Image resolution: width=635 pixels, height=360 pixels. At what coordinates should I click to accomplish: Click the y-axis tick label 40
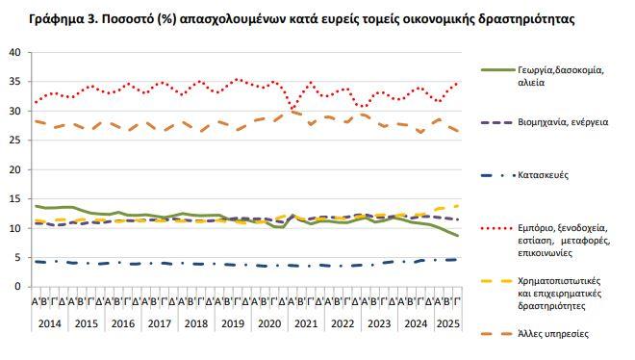coord(14,53)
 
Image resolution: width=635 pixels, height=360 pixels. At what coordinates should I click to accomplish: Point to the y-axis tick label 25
coord(14,141)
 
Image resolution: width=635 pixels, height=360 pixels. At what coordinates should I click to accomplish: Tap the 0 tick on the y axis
coord(17,287)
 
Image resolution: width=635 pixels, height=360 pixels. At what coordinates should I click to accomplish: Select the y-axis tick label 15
coord(14,199)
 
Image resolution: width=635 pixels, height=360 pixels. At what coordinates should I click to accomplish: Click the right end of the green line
coord(457,236)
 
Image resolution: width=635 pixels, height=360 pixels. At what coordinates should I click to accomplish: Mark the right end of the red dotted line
coord(457,84)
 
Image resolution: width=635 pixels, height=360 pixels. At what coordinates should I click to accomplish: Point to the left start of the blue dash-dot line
coord(36,261)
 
